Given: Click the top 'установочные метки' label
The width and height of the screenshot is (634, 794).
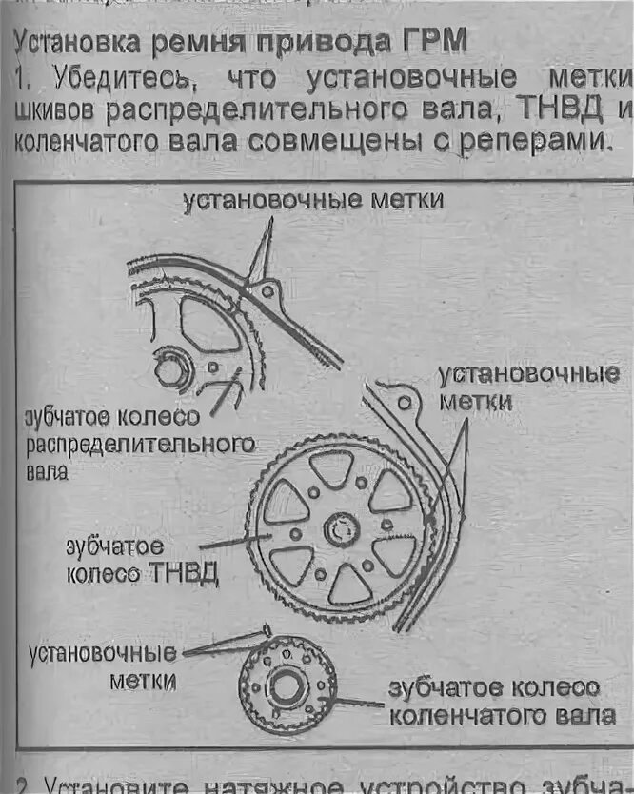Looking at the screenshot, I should click(x=313, y=200).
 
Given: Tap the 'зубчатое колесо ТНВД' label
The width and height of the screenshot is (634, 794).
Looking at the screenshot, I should click(x=142, y=561).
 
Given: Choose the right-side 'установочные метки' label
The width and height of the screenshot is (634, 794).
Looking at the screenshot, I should click(x=529, y=387).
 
